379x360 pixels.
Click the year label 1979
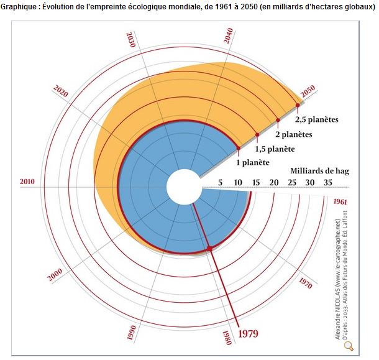(x=247, y=333)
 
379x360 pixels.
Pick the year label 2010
(x=27, y=182)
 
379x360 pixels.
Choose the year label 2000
(x=56, y=275)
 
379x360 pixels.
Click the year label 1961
(x=340, y=201)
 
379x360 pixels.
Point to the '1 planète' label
(x=252, y=163)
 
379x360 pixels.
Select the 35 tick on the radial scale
(x=327, y=182)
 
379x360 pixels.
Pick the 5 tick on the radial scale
(x=220, y=182)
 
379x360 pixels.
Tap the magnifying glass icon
(x=349, y=346)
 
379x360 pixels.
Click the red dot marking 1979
(x=209, y=249)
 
